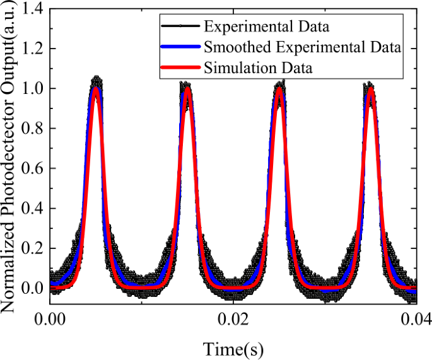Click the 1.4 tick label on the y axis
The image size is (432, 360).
pyautogui.click(x=32, y=9)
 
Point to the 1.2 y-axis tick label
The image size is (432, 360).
pyautogui.click(x=32, y=49)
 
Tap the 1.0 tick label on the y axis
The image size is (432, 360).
pyautogui.click(x=32, y=89)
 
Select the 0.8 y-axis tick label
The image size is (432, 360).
pyautogui.click(x=32, y=129)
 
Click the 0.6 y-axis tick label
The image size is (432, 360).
pyautogui.click(x=32, y=168)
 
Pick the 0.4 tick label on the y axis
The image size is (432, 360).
pyautogui.click(x=32, y=208)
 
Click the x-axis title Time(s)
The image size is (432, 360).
pyautogui.click(x=233, y=347)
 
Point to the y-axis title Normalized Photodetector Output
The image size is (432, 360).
pyautogui.click(x=11, y=170)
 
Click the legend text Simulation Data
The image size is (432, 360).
pyautogui.click(x=258, y=68)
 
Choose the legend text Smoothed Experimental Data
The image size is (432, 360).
pyautogui.click(x=302, y=47)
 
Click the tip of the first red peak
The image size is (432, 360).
pyautogui.click(x=96, y=88)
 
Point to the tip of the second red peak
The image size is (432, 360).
pyautogui.click(x=187, y=88)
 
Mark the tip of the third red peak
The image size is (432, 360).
pyautogui.click(x=279, y=88)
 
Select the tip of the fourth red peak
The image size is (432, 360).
pyautogui.click(x=371, y=88)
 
